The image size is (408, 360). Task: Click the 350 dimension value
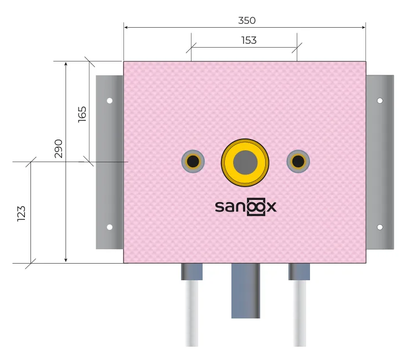pos(247,20)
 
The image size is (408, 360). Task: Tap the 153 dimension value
pos(249,40)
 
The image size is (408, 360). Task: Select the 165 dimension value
pos(82,114)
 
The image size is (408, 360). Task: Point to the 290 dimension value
pos(59,148)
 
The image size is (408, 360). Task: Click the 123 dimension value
pos(22,214)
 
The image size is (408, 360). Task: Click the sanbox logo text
pos(245,207)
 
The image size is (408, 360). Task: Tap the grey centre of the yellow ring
pos(245,162)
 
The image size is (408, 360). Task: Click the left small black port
pos(193,161)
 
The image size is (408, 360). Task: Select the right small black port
pos(298,161)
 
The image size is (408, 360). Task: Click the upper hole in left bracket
pos(110,100)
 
